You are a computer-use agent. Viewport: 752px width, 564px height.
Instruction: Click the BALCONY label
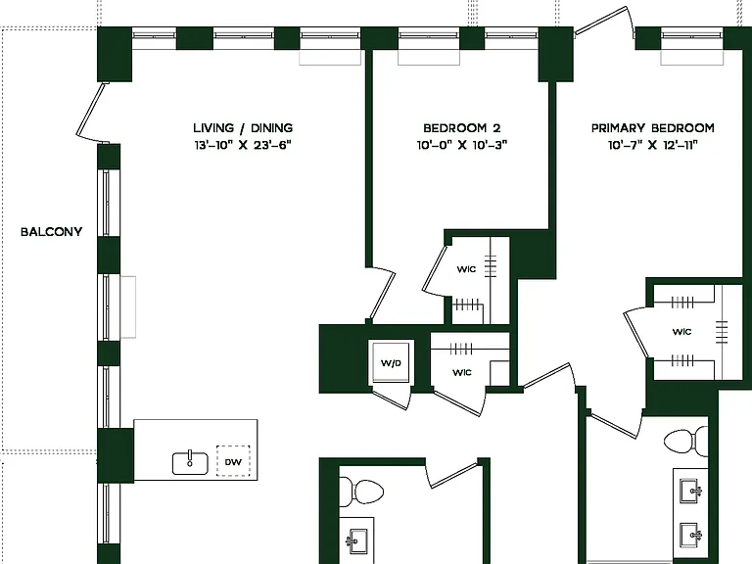click(x=51, y=232)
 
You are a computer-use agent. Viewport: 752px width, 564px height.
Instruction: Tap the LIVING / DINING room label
click(x=243, y=128)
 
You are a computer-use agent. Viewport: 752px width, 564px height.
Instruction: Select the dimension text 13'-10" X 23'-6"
click(x=243, y=145)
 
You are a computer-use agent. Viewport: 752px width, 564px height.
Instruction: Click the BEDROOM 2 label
click(x=462, y=128)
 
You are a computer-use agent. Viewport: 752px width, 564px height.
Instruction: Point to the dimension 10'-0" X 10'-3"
click(x=462, y=145)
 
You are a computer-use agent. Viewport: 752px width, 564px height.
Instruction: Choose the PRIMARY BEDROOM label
click(x=653, y=128)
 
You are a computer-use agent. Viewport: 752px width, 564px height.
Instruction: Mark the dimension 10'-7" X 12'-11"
click(x=653, y=145)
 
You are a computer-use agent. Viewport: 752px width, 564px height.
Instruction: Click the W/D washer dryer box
click(x=391, y=362)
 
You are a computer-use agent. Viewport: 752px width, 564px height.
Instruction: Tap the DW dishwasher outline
click(x=233, y=461)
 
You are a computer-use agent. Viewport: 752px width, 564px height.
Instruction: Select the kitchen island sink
click(x=190, y=463)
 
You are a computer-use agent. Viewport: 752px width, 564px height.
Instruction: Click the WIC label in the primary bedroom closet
click(x=681, y=332)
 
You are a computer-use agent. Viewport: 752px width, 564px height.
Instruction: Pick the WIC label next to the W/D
click(x=462, y=372)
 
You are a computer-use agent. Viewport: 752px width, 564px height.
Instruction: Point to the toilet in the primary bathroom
click(x=685, y=441)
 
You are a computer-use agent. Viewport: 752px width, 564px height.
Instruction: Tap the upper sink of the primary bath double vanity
click(x=690, y=492)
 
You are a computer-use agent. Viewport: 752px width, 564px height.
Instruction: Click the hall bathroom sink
click(x=356, y=541)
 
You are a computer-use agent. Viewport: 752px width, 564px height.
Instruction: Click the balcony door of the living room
click(x=91, y=114)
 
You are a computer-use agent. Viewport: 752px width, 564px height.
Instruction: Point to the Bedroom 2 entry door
click(x=382, y=296)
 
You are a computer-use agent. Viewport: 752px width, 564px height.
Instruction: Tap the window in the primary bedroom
click(x=691, y=35)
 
